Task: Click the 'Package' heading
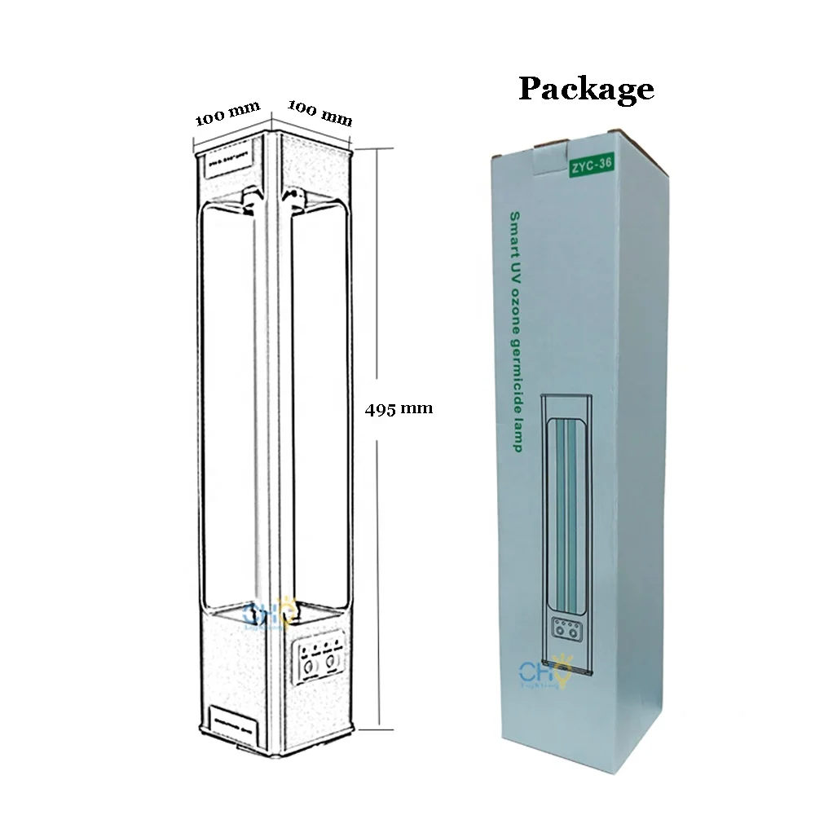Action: [x=586, y=89]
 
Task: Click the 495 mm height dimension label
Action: [x=399, y=409]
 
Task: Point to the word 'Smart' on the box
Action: [x=515, y=229]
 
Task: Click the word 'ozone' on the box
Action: [x=515, y=301]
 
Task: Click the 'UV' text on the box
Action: [x=515, y=261]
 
